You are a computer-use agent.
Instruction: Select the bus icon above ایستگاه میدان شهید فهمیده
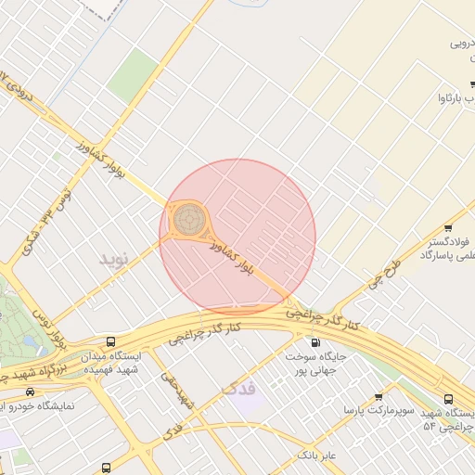(x=112, y=341)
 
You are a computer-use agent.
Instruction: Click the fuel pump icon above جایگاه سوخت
(x=315, y=342)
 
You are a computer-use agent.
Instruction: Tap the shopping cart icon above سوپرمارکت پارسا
(x=379, y=397)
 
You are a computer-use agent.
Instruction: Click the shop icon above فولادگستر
(x=449, y=227)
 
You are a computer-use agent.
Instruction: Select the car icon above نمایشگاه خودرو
(x=32, y=393)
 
